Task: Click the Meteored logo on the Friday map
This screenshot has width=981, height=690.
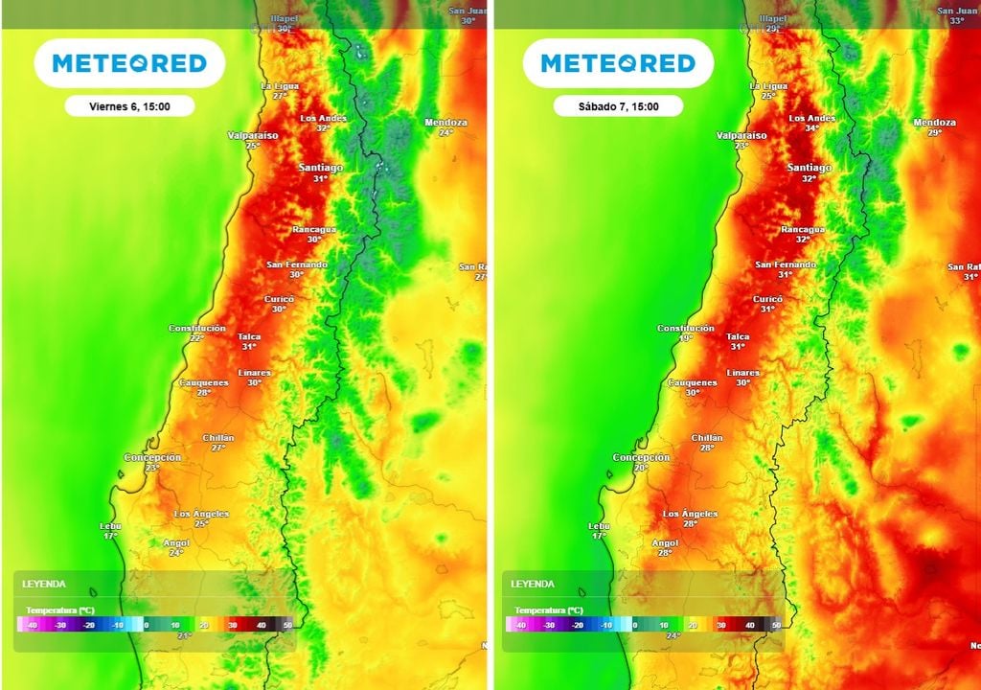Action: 129,64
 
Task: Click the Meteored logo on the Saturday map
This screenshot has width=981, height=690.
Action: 618,64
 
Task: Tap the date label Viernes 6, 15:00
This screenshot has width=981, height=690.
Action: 129,106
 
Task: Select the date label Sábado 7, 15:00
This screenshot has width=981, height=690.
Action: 618,106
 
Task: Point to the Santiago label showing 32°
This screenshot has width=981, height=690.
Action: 810,172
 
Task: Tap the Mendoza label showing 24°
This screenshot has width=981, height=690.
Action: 445,126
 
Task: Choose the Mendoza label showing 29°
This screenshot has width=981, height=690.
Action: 934,126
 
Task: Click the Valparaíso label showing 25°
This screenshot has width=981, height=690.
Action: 253,140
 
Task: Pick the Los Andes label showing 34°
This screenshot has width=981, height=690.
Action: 811,123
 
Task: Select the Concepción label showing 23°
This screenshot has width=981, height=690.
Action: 152,462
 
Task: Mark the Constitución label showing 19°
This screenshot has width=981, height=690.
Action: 686,333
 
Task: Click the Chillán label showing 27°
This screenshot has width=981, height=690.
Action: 218,442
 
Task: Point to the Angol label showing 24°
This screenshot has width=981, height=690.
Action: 176,547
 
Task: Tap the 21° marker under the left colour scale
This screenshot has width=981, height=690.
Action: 184,635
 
